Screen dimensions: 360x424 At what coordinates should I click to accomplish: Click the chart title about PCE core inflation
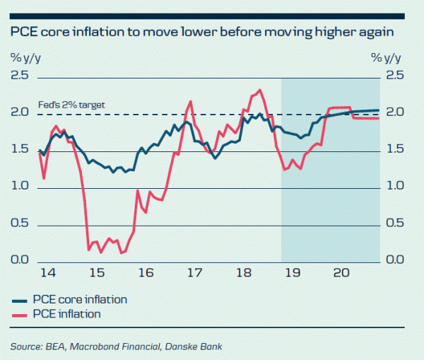[x=201, y=33]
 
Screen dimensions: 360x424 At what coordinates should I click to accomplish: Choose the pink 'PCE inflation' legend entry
[x=69, y=313]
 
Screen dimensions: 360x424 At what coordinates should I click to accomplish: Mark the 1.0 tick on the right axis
[x=394, y=187]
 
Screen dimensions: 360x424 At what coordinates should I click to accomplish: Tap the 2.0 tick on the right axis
[x=394, y=113]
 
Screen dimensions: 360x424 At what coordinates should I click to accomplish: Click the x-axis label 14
[x=47, y=273]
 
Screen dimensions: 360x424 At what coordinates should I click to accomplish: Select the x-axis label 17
[x=194, y=273]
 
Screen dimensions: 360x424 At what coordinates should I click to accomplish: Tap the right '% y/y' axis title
[x=387, y=57]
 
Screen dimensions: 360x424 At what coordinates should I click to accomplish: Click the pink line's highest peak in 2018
[x=260, y=90]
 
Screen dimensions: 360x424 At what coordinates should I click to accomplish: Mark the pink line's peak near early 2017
[x=192, y=101]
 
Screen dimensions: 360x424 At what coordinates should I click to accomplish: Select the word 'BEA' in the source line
[x=61, y=347]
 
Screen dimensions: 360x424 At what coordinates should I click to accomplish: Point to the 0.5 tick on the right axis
[x=394, y=223]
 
